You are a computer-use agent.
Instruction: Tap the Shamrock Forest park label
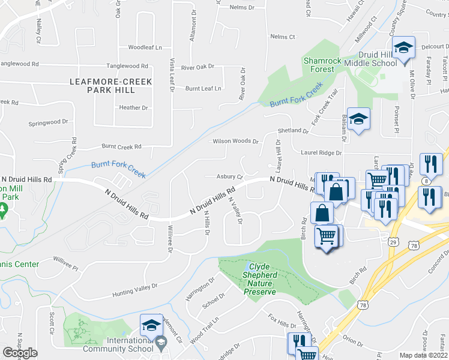(x=319, y=65)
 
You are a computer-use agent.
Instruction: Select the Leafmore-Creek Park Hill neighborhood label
(x=111, y=85)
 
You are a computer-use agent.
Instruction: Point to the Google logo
(x=20, y=353)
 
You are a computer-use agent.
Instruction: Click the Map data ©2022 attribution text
(x=424, y=355)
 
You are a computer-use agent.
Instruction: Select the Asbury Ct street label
(x=230, y=177)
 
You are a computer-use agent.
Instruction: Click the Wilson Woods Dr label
(x=236, y=142)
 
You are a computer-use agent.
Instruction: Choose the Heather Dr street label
(x=133, y=108)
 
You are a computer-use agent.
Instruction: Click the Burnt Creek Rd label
(x=121, y=146)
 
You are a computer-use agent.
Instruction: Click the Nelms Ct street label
(x=283, y=37)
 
